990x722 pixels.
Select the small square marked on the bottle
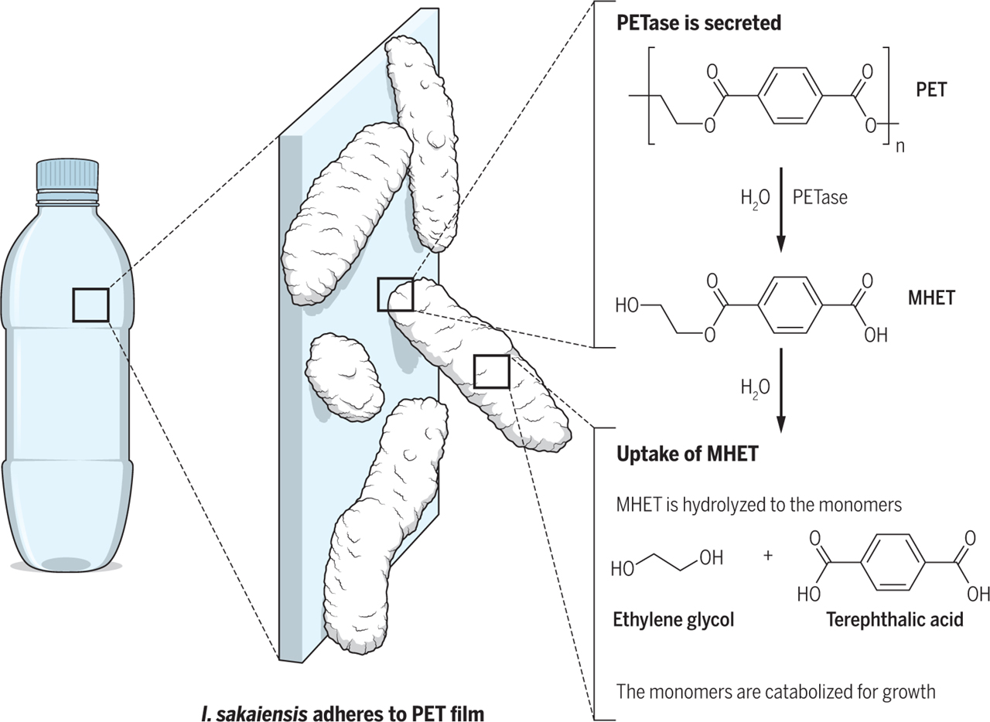click(90, 305)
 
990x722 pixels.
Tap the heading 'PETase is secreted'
click(698, 23)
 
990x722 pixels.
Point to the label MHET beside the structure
click(931, 298)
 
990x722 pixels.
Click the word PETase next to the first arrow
click(820, 197)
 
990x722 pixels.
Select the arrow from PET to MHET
click(780, 209)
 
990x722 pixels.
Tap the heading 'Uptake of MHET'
click(687, 454)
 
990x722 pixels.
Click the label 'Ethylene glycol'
click(673, 619)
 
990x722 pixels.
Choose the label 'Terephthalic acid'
click(894, 619)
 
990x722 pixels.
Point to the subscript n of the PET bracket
click(900, 146)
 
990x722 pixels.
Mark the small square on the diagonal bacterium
click(491, 371)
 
